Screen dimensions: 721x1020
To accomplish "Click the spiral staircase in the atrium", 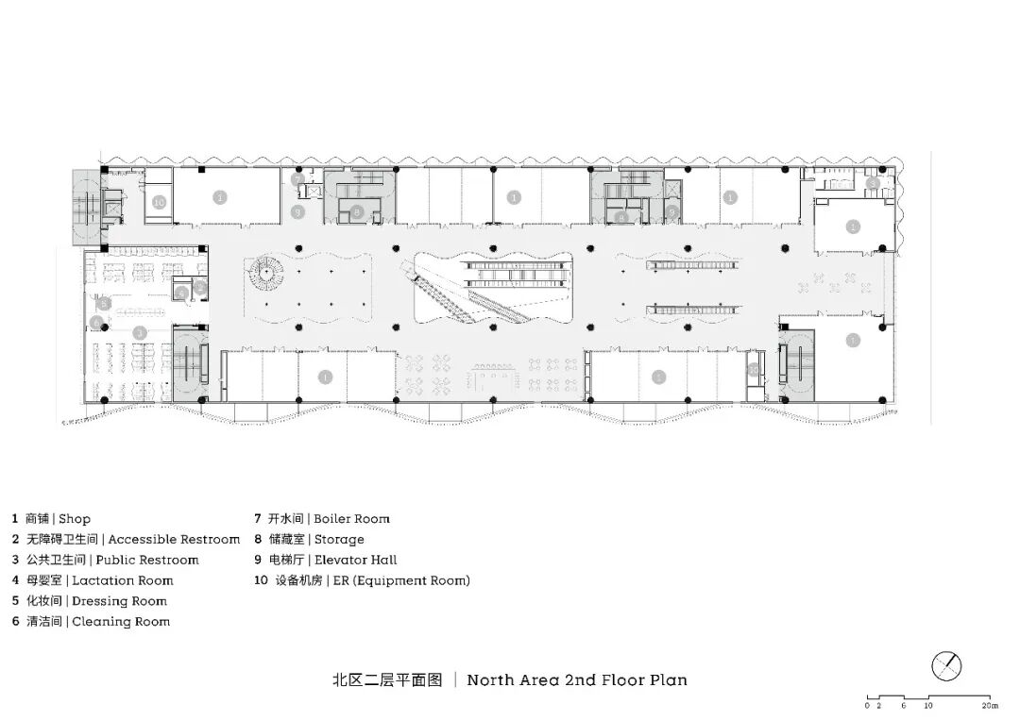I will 267,275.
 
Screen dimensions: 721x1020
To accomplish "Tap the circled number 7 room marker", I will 297,178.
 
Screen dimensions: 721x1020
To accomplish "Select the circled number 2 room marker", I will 200,287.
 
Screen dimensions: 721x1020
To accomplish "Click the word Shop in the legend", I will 75,518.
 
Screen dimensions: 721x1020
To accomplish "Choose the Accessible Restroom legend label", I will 174,539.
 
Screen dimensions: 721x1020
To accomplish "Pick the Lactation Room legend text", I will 123,580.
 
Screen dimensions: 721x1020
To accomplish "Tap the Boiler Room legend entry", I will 351,518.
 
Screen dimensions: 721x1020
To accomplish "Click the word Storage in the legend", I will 338,539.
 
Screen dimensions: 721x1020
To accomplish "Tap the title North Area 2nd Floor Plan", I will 577,679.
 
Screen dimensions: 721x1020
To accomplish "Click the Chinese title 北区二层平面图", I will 387,679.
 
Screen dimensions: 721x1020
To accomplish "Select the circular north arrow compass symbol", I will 946,666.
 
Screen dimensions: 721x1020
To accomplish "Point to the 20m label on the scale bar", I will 989,705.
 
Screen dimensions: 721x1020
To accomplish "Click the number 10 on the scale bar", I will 928,705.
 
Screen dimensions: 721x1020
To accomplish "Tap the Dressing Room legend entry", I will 119,601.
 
